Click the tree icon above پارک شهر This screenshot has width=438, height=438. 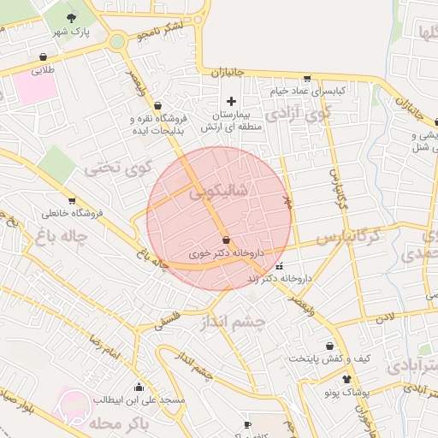(71, 17)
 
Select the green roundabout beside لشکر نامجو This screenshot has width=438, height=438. (116, 41)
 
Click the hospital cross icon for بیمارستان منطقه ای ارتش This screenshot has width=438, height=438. (231, 101)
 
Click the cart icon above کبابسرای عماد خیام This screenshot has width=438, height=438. (307, 78)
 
